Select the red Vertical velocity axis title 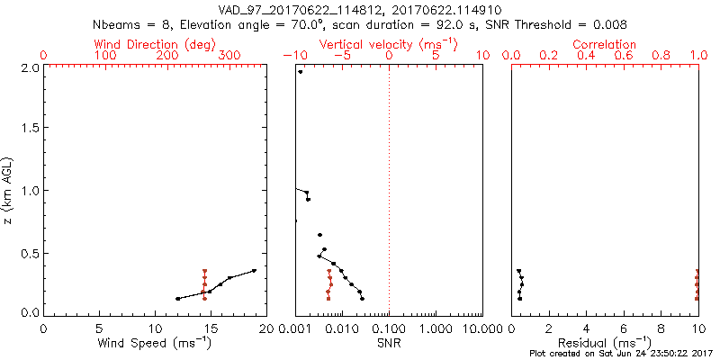click(x=389, y=44)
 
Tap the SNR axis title click(x=389, y=344)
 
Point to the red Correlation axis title click(x=605, y=44)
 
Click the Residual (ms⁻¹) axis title click(x=605, y=344)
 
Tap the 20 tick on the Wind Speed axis click(x=265, y=330)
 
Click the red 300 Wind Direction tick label click(x=229, y=56)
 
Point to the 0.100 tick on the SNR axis click(x=389, y=330)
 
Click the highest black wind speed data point click(x=255, y=270)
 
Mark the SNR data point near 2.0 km click(x=301, y=72)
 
